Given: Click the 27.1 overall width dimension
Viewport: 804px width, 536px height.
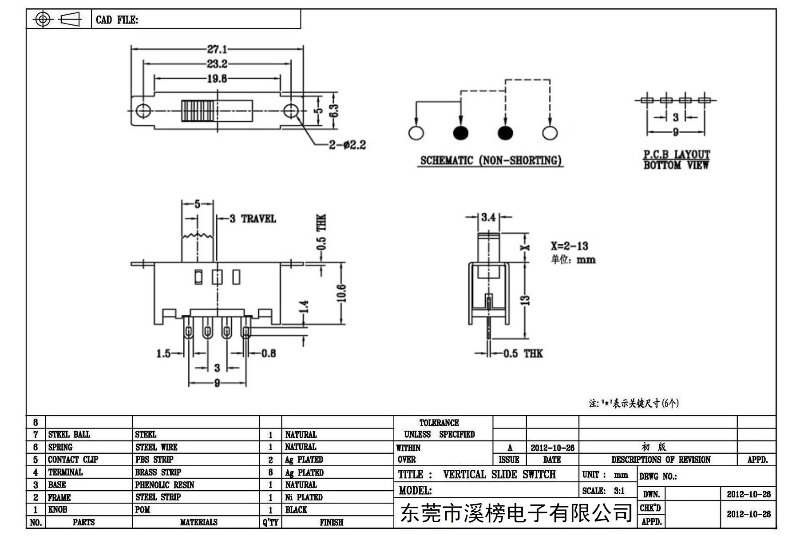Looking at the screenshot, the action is [217, 49].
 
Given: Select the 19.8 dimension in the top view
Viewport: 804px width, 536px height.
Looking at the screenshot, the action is [217, 79].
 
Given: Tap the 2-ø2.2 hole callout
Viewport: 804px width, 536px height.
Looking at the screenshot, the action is [347, 145].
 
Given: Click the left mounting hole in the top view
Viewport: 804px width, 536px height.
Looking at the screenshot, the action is [143, 110].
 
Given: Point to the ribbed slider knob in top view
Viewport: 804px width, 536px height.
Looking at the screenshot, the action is [198, 111].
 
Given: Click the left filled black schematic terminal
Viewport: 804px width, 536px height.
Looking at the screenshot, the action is [460, 133].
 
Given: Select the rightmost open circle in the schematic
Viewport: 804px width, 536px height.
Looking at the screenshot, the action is [550, 133].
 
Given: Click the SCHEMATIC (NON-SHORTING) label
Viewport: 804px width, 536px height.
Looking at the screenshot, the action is [491, 160].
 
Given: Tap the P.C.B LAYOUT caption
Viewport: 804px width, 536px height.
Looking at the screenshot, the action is [677, 155].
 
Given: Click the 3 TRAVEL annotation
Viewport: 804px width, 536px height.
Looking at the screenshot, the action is [253, 218].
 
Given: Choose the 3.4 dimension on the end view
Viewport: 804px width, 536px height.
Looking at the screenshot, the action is [488, 217].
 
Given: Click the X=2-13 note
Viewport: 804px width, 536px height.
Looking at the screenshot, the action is [569, 246].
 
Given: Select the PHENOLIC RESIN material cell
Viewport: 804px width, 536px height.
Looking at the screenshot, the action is [165, 484].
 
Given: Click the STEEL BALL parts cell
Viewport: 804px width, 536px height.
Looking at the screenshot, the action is [69, 434].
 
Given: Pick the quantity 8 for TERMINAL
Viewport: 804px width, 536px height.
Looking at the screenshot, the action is [270, 472].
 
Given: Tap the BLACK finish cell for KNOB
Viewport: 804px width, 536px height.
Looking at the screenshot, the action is [296, 510].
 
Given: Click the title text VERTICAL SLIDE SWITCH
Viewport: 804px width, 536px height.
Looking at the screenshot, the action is [499, 474].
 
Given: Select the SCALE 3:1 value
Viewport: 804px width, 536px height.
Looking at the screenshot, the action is [619, 491].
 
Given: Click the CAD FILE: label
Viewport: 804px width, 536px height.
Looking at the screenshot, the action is [117, 20].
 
